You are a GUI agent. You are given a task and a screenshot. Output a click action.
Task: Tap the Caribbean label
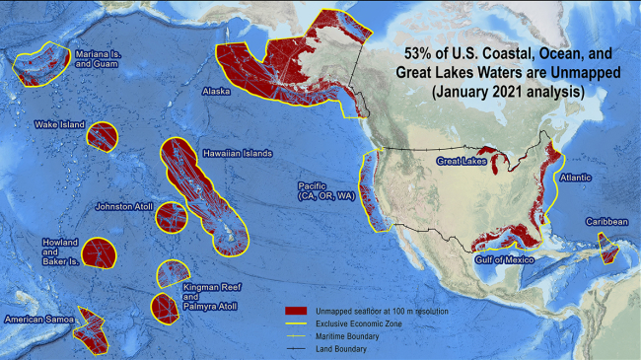click(605, 222)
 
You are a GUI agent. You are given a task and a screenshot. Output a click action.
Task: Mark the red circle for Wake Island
click(101, 136)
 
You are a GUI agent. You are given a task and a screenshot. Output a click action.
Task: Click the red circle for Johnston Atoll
click(171, 217)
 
